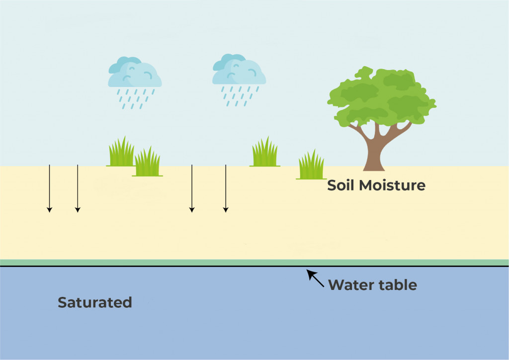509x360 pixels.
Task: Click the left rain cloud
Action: click(x=135, y=74)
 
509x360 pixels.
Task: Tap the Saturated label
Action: click(x=95, y=302)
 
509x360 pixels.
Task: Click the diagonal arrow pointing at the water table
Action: click(x=315, y=278)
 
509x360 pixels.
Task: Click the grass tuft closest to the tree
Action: click(x=311, y=165)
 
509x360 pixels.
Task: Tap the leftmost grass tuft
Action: click(x=121, y=153)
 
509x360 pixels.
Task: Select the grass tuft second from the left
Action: click(x=147, y=163)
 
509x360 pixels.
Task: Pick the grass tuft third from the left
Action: click(x=264, y=153)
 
